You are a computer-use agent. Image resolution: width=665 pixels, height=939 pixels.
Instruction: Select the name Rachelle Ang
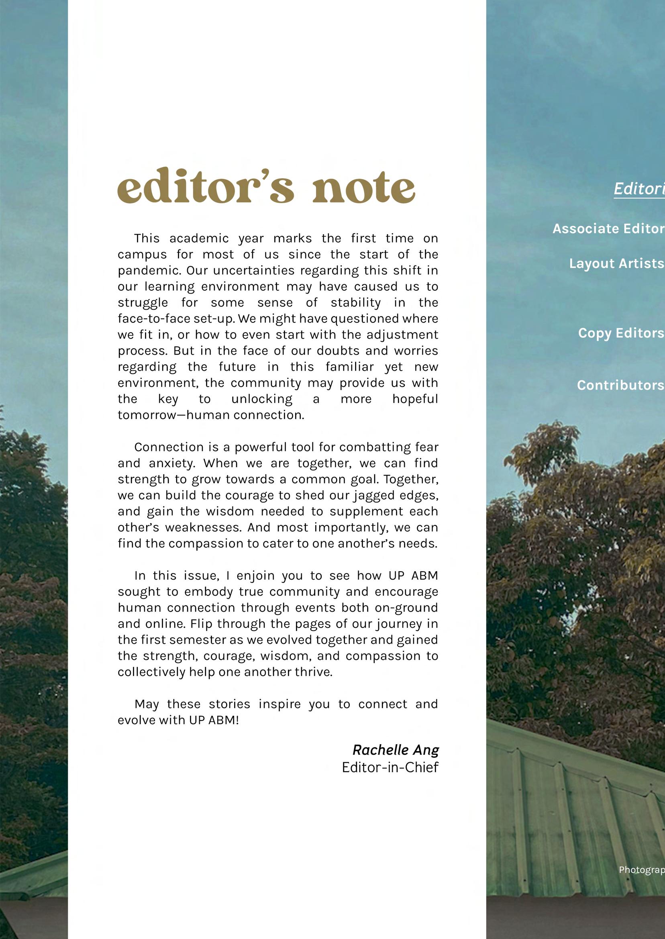pyautogui.click(x=396, y=750)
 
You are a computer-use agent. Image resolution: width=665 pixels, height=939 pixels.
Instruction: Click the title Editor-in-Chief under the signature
pyautogui.click(x=390, y=767)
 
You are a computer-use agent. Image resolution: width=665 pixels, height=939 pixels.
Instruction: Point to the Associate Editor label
pyautogui.click(x=608, y=229)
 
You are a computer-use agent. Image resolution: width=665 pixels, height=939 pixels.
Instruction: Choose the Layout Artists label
pyautogui.click(x=616, y=263)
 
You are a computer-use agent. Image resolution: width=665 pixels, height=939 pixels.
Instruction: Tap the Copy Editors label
pyautogui.click(x=621, y=333)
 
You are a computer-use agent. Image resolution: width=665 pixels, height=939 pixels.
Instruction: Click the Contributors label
pyautogui.click(x=620, y=385)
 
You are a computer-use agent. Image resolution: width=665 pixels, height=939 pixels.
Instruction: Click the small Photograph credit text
pyautogui.click(x=642, y=870)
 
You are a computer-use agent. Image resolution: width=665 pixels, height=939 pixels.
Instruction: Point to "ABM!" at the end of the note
pyautogui.click(x=224, y=721)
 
